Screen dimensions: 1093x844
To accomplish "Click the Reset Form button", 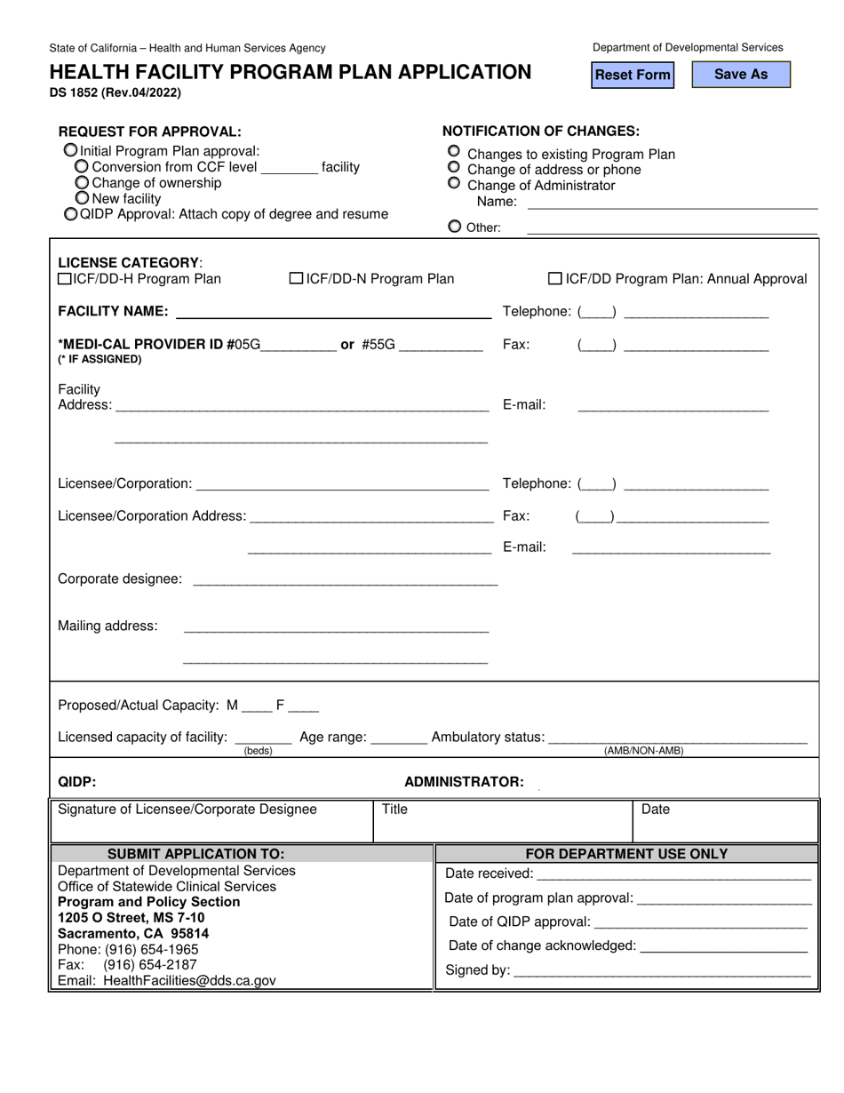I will [x=633, y=75].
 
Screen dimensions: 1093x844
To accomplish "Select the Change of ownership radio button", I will [x=82, y=183].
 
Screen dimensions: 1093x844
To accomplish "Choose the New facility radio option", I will [x=82, y=198].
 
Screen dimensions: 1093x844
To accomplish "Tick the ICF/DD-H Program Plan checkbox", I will [x=65, y=279].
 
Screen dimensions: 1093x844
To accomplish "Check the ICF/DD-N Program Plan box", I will [x=297, y=279].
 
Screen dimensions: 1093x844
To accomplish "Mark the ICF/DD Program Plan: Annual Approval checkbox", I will [x=555, y=279].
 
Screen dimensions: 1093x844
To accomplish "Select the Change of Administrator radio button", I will [x=454, y=184].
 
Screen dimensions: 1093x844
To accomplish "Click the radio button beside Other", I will [x=455, y=227].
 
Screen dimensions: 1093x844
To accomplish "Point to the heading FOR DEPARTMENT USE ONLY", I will [x=626, y=854].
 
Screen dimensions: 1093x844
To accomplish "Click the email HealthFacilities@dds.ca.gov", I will [x=189, y=981].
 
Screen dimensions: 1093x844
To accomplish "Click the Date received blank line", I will [x=673, y=874].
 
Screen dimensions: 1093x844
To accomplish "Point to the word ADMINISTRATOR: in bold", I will [x=464, y=782].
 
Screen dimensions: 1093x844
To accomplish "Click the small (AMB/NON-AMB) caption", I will [x=643, y=751].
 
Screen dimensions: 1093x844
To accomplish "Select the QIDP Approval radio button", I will [x=71, y=214].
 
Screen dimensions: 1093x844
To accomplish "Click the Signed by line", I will [x=662, y=969].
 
